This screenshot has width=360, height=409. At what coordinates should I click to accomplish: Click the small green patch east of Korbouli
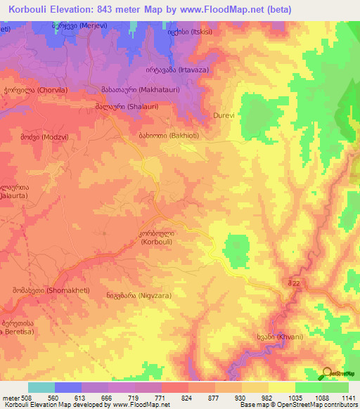tap(236, 247)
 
